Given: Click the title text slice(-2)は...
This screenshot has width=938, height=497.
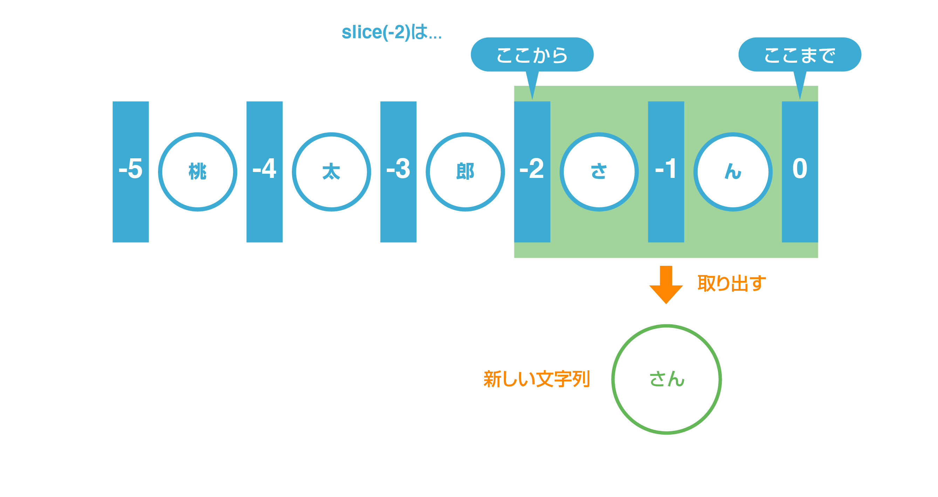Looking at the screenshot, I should tap(391, 33).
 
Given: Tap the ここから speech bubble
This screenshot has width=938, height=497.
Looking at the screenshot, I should tap(532, 55).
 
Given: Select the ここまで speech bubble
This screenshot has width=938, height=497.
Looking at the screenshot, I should tap(800, 55).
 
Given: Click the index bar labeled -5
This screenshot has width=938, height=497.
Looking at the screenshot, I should tap(131, 172).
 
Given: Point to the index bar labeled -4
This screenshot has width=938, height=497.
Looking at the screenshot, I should tap(264, 172).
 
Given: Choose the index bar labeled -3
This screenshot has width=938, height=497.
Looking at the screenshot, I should tap(398, 172).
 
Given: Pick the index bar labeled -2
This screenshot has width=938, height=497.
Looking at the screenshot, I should tap(532, 172).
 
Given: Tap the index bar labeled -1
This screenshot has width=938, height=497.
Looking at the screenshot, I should tap(666, 172).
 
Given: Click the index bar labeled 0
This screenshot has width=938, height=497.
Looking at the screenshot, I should tap(800, 172).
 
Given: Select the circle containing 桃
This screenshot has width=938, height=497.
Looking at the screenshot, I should tap(198, 172).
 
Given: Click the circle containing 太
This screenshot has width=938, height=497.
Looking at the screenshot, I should tap(331, 172).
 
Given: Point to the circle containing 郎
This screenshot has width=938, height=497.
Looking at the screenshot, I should tap(465, 172).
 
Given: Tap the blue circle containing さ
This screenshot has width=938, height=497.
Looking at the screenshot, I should tap(599, 172).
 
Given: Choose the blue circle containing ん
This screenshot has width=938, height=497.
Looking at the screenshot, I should tap(733, 172).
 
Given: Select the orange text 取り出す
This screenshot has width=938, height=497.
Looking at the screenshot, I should tap(732, 283).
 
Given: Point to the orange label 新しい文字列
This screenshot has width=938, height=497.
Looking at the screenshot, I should tap(536, 379).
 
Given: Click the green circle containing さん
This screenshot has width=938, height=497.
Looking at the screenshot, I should tap(666, 379).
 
